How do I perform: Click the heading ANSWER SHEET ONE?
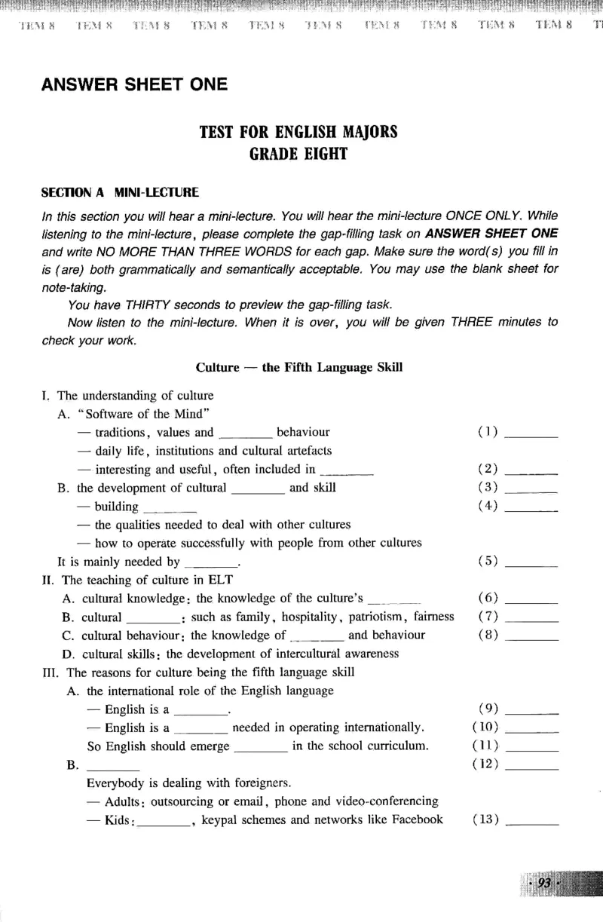134,84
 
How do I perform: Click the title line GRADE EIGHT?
298,154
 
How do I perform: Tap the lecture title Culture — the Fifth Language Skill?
298,367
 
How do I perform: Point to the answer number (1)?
488,433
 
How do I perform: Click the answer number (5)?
488,561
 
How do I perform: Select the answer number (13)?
486,819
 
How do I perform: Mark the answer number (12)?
486,764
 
